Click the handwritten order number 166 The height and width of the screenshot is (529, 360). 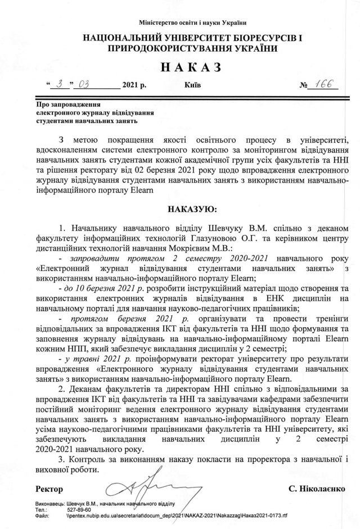324,85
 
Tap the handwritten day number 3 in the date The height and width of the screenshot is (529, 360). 60,85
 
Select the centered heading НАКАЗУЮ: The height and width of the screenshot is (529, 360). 192,210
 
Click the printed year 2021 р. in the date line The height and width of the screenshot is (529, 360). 137,87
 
